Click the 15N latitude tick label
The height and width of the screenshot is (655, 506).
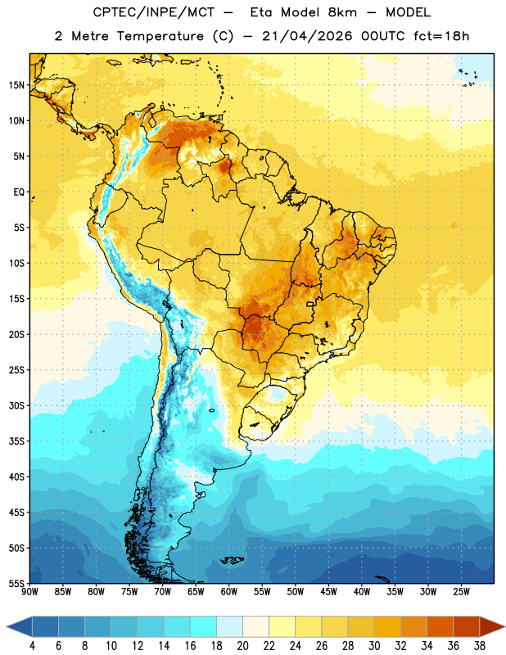pyautogui.click(x=16, y=85)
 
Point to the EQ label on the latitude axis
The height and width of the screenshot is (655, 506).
pyautogui.click(x=19, y=192)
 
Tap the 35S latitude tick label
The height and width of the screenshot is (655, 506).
pyautogui.click(x=16, y=441)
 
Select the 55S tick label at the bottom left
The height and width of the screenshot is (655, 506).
pyautogui.click(x=16, y=583)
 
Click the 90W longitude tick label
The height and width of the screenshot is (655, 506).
pyautogui.click(x=29, y=591)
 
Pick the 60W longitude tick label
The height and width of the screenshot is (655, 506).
pyautogui.click(x=229, y=591)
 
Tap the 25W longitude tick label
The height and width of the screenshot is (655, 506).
pyautogui.click(x=461, y=591)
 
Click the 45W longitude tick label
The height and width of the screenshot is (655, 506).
pyautogui.click(x=328, y=591)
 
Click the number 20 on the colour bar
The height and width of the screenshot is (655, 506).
pyautogui.click(x=242, y=646)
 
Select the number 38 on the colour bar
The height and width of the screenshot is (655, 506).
pyautogui.click(x=480, y=646)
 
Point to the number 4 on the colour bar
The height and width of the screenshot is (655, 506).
pyautogui.click(x=32, y=646)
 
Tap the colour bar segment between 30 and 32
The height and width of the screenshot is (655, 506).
pyautogui.click(x=387, y=627)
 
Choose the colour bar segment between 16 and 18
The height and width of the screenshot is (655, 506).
pyautogui.click(x=204, y=627)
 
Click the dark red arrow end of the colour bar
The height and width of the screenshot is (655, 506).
pyautogui.click(x=492, y=627)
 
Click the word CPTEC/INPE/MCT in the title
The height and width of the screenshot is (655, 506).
pyautogui.click(x=153, y=12)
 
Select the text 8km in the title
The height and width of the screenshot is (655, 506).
pyautogui.click(x=342, y=12)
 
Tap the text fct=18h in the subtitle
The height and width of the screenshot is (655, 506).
pyautogui.click(x=441, y=36)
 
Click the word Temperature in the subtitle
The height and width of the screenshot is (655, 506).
pyautogui.click(x=160, y=36)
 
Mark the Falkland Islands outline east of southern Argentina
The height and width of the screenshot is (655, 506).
pyautogui.click(x=232, y=560)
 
